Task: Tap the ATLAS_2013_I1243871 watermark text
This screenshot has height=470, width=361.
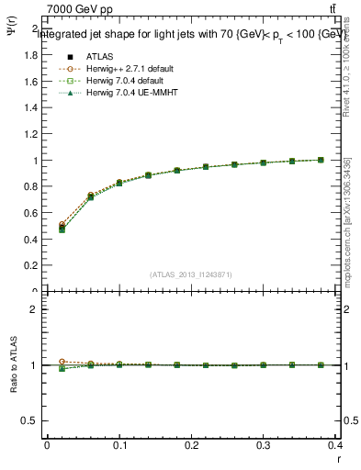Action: [x=191, y=274]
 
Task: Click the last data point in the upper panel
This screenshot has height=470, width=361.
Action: [x=321, y=160]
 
